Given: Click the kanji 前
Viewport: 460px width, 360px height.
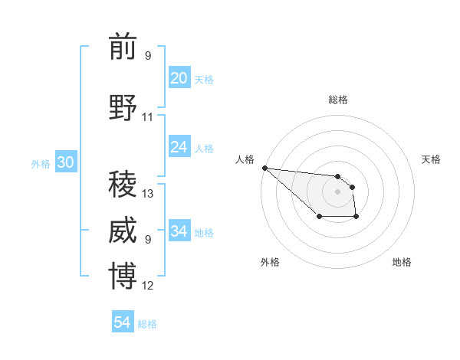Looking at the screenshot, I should pos(123,47).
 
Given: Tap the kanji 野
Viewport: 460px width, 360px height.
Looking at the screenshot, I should pos(123,107).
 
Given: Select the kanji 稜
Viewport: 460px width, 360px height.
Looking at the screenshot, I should pos(123,184).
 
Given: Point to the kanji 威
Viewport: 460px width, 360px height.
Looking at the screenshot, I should pos(123,231).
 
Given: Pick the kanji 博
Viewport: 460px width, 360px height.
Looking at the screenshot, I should pos(123,277).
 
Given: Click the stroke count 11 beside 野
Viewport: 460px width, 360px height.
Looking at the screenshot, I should pos(148,117).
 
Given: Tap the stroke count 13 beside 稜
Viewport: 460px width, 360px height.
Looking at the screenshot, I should pos(148,194).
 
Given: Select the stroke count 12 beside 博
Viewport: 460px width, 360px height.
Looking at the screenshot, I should pos(148,286).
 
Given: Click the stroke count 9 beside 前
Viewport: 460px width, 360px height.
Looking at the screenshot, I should pos(148,56).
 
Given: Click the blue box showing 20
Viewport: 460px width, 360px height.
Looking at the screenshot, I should pos(179,78).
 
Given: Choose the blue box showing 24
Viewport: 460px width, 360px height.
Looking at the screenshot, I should pos(179,147).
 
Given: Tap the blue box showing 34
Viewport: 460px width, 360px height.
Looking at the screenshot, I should pos(179,231).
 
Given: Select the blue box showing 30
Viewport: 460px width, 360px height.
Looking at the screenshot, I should pos(65,162).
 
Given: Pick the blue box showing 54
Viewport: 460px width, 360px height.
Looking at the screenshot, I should pos(123,322).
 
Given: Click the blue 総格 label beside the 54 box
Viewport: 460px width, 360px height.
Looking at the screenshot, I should pos(147,324).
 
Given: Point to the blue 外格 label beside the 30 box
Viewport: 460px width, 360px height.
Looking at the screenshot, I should pos(41,164).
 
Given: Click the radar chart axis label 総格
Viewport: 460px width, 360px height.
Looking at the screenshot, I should pos(337,100).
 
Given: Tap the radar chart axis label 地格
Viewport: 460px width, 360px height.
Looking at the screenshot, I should pos(402,262).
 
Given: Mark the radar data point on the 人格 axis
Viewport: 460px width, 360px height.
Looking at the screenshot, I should pos(264,168).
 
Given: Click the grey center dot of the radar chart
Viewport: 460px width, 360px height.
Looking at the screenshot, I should pos(337,191).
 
